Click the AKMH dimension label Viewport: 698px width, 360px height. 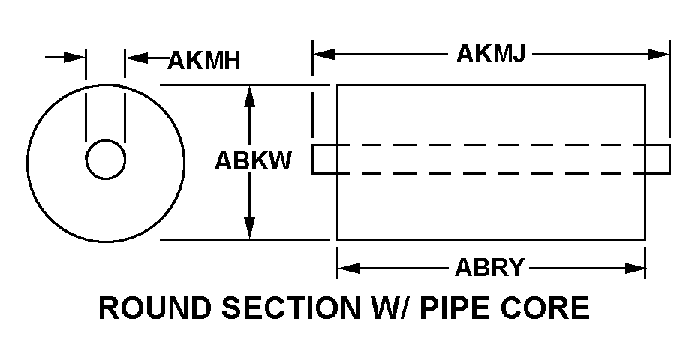(x=203, y=60)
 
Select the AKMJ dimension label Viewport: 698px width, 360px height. (x=490, y=55)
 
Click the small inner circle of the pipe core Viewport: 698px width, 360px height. (x=105, y=160)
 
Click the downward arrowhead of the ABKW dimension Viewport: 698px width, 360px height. (x=250, y=228)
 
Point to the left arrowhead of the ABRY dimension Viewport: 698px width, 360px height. (x=347, y=267)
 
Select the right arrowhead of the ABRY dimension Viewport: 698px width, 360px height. (x=636, y=267)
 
